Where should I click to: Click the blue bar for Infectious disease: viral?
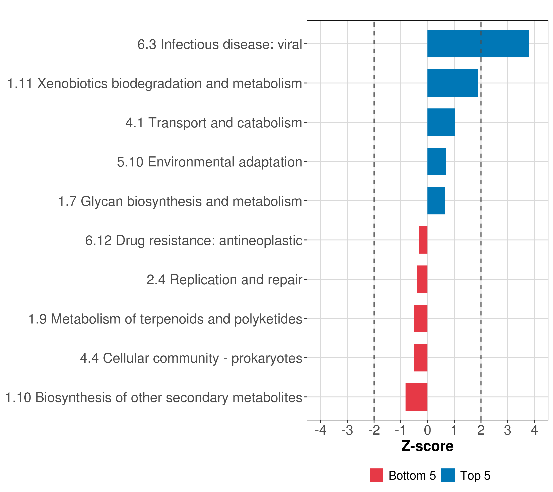(478, 44)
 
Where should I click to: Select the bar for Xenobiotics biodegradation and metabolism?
(452, 83)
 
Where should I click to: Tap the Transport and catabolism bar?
(441, 122)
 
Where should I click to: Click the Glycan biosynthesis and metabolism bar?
(436, 201)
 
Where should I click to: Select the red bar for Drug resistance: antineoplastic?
(423, 240)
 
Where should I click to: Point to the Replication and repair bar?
(422, 279)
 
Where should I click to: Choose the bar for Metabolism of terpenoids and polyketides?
(420, 318)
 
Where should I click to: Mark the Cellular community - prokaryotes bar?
(420, 358)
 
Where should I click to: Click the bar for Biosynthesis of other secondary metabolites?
(416, 397)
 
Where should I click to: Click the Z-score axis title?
(427, 446)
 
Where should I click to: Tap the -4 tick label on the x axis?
(320, 430)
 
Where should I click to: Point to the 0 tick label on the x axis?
(427, 430)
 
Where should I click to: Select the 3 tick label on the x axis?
(508, 430)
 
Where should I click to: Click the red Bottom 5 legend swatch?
(376, 475)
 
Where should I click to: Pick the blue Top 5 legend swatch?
(448, 475)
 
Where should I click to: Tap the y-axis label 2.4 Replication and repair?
(224, 280)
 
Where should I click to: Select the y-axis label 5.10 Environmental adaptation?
(209, 162)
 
